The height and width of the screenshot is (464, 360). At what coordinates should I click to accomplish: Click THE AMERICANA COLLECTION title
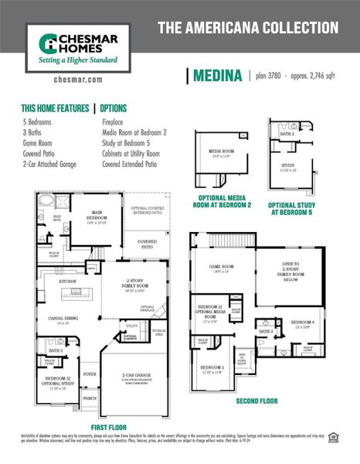pyautogui.click(x=248, y=28)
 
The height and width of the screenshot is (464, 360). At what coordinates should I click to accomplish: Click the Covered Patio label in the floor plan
pyautogui.click(x=148, y=242)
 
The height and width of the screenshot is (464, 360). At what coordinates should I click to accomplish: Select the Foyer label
pyautogui.click(x=90, y=374)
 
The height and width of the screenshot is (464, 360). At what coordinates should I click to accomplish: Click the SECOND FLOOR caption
pyautogui.click(x=258, y=402)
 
